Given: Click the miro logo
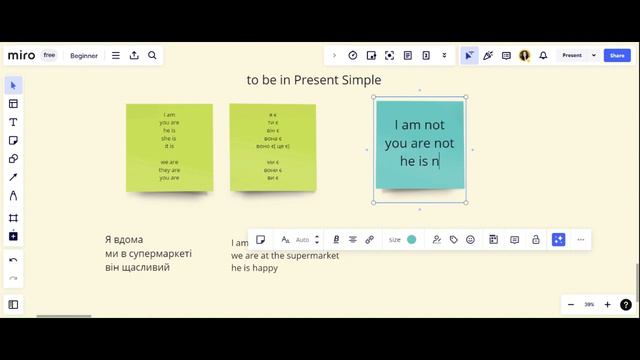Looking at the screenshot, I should pos(21,55).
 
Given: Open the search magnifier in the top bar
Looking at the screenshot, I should pos(152,55).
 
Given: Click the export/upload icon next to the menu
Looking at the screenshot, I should pos(134,55).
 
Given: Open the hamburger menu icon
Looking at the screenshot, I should pos(116,55).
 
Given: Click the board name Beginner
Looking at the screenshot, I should pos(84,55).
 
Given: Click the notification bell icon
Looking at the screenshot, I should pos(543,55).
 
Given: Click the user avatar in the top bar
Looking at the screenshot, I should pos(525,55).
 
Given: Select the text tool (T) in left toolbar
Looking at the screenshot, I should pos(13,122).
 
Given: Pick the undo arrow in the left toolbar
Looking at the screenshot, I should pos(13,260).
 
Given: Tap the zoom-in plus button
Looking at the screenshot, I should pos(607,304).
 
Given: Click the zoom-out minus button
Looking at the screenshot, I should pos(571,304).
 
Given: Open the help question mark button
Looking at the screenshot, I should pos(626,304).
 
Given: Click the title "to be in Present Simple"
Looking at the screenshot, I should pos(314,80).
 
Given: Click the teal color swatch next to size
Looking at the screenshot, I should pos(412,240).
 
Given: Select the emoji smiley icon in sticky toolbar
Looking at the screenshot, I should pos(471,240).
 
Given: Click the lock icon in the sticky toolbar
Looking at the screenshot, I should pos(536,240).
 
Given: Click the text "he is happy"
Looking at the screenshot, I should pos(254,268).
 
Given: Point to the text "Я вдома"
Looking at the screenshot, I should pos(124,240).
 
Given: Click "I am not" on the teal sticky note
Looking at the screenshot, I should pos(419,125).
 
